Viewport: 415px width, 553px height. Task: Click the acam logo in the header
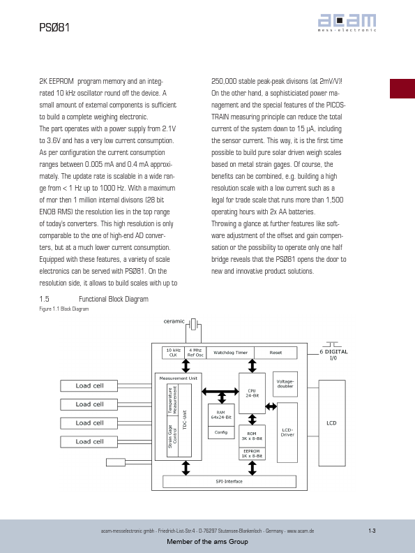(x=347, y=22)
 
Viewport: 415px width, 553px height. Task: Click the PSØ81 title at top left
(x=54, y=27)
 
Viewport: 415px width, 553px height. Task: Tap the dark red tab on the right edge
(x=402, y=89)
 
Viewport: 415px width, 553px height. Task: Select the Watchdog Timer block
(x=230, y=353)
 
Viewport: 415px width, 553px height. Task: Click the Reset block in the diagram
(x=276, y=353)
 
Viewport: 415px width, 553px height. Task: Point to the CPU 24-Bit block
(x=252, y=393)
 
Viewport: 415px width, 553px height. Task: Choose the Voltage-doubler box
(x=285, y=384)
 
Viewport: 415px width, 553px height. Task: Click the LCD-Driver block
(x=287, y=432)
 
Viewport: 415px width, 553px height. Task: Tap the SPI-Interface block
(x=229, y=481)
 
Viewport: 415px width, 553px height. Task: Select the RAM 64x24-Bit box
(x=221, y=415)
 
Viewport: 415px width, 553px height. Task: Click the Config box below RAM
(x=221, y=432)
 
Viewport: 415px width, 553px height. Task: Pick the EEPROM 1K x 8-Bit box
(x=252, y=454)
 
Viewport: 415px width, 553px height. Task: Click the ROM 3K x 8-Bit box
(x=252, y=436)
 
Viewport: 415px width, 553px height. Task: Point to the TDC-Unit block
(x=185, y=420)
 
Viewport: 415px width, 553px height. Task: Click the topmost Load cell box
(x=89, y=386)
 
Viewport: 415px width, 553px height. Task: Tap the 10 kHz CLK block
(x=174, y=353)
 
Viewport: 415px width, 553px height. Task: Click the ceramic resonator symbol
(x=193, y=324)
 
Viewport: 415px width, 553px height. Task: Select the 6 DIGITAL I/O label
(x=333, y=355)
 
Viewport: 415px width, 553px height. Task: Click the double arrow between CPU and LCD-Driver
(x=271, y=406)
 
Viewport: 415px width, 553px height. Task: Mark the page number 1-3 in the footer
(x=372, y=531)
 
